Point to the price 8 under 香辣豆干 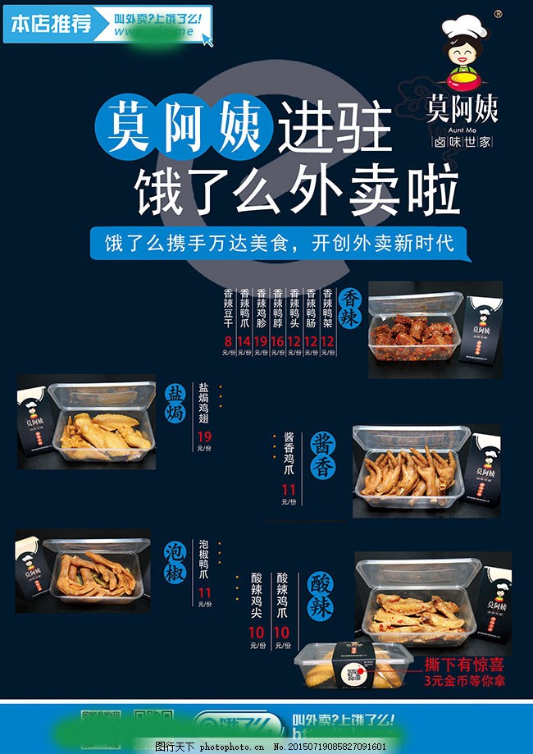pyautogui.click(x=228, y=340)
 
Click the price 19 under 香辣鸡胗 pyautogui.click(x=261, y=340)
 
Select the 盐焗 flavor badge pyautogui.click(x=176, y=402)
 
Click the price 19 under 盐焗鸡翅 pyautogui.click(x=204, y=436)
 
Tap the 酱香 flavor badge pyautogui.click(x=322, y=455)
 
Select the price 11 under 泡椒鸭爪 pyautogui.click(x=204, y=592)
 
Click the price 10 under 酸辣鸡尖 pyautogui.click(x=257, y=633)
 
